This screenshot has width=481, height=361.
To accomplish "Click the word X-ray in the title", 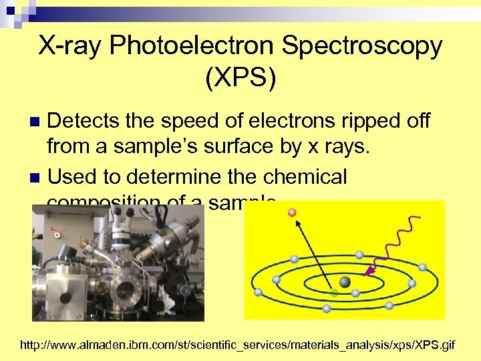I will click(x=74, y=46).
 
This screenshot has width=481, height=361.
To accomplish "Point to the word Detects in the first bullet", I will click(x=86, y=122).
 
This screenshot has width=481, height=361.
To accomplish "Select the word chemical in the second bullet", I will click(x=305, y=177).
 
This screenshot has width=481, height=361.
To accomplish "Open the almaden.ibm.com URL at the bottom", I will click(x=238, y=346).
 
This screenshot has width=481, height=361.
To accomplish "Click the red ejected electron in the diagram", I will click(x=292, y=213).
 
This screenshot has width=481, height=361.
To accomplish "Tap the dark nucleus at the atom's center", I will click(x=345, y=281).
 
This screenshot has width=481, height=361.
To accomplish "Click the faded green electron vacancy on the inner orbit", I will click(x=334, y=293).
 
